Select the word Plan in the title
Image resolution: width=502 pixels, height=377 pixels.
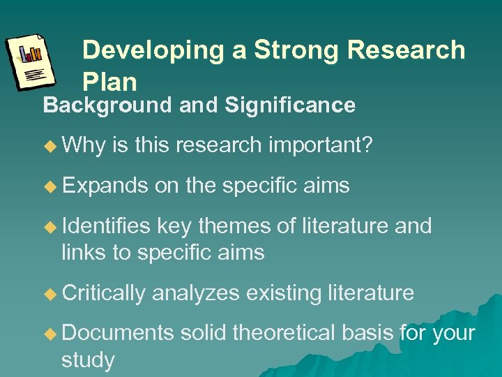pyautogui.click(x=109, y=82)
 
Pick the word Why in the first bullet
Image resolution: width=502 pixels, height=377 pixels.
pyautogui.click(x=83, y=145)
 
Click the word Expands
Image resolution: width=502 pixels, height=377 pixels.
pyautogui.click(x=105, y=186)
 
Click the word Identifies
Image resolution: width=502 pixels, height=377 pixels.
pyautogui.click(x=106, y=226)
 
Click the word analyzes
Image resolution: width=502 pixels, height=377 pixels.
pyautogui.click(x=197, y=293)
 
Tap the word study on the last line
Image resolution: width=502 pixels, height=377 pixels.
pyautogui.click(x=88, y=360)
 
